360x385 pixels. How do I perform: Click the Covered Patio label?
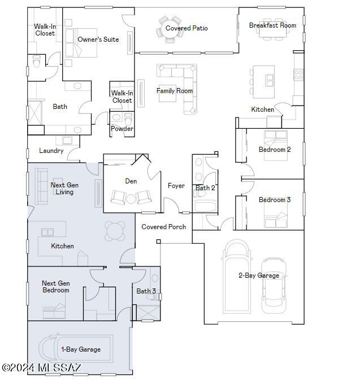[x=186, y=28]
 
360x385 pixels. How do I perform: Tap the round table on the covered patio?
[x=170, y=29]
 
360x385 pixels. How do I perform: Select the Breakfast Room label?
[x=272, y=25]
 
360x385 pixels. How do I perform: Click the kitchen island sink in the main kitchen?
[x=269, y=80]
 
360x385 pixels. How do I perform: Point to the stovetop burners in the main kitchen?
[x=298, y=75]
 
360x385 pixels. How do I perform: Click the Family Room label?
[x=175, y=91]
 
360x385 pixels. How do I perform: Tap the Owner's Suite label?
[x=98, y=40]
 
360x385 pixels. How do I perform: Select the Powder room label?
[x=122, y=128]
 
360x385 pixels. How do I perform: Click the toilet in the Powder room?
[x=128, y=119]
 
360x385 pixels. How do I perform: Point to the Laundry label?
[x=51, y=151]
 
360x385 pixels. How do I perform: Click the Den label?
[x=131, y=181]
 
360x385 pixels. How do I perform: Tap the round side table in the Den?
[x=131, y=198]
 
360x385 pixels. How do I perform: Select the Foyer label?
[x=176, y=186]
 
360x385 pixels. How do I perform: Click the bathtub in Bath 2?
[x=205, y=207]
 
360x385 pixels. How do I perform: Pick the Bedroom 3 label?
[x=275, y=200]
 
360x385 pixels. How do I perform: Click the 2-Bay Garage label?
[x=259, y=275]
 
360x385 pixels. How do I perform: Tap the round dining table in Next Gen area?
[x=115, y=231]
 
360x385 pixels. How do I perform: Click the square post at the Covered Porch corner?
[x=158, y=242]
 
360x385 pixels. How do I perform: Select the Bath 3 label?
[x=146, y=291]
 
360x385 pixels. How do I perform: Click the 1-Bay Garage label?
[x=81, y=349]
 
